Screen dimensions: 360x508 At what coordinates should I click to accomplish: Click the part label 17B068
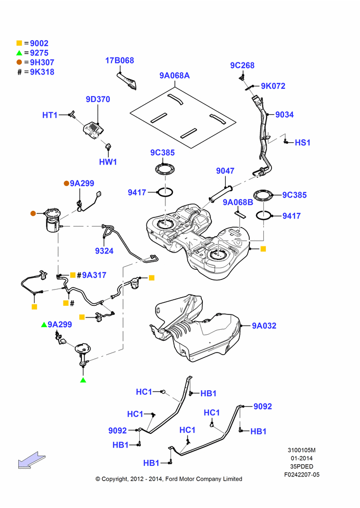pos(119,60)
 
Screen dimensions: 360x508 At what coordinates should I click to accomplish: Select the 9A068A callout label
pos(174,76)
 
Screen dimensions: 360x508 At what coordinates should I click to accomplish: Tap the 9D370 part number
pos(98,99)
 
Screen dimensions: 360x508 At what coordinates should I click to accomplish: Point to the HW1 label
pos(108,162)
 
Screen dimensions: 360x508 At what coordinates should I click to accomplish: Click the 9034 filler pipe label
pos(284,114)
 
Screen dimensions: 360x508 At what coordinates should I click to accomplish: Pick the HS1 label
pos(303,143)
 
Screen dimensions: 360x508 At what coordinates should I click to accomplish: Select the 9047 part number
pos(225,171)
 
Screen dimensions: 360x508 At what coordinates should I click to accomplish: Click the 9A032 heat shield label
pos(264,326)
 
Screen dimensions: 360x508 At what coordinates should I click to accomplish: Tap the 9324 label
pos(104,251)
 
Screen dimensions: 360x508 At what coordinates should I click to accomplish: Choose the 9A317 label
pos(94,275)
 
